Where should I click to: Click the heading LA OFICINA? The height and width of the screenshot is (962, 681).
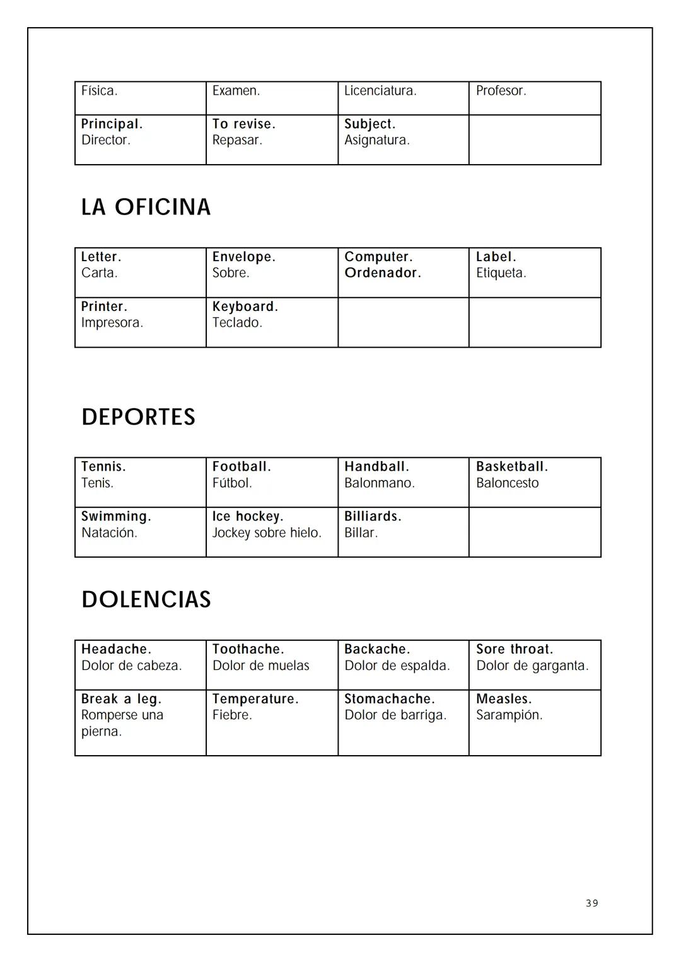click(146, 207)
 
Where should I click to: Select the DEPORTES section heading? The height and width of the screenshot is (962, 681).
click(138, 417)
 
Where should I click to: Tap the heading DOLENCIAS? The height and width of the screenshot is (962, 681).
click(146, 599)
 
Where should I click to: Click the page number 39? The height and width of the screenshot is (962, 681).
click(591, 903)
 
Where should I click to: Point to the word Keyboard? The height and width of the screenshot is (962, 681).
click(245, 307)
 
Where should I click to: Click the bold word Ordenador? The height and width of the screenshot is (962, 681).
click(382, 273)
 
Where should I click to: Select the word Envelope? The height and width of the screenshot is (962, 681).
click(243, 257)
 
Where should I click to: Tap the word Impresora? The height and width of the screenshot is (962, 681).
click(112, 323)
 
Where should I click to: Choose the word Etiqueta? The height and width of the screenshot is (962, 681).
click(501, 273)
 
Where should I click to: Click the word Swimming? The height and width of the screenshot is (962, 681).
click(115, 517)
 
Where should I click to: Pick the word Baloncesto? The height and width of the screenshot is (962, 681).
click(507, 483)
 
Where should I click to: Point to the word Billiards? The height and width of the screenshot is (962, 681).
click(372, 517)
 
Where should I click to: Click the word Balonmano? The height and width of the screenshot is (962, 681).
click(379, 483)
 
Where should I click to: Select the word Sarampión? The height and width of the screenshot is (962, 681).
click(509, 715)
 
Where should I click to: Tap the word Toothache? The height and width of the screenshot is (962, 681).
click(248, 649)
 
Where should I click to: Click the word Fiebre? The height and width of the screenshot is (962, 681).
click(231, 715)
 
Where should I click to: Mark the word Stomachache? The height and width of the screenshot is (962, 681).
click(389, 699)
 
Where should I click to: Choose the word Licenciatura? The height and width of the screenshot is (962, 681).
click(380, 91)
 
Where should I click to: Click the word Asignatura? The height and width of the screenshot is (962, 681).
click(376, 140)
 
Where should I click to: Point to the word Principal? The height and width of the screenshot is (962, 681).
click(112, 124)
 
